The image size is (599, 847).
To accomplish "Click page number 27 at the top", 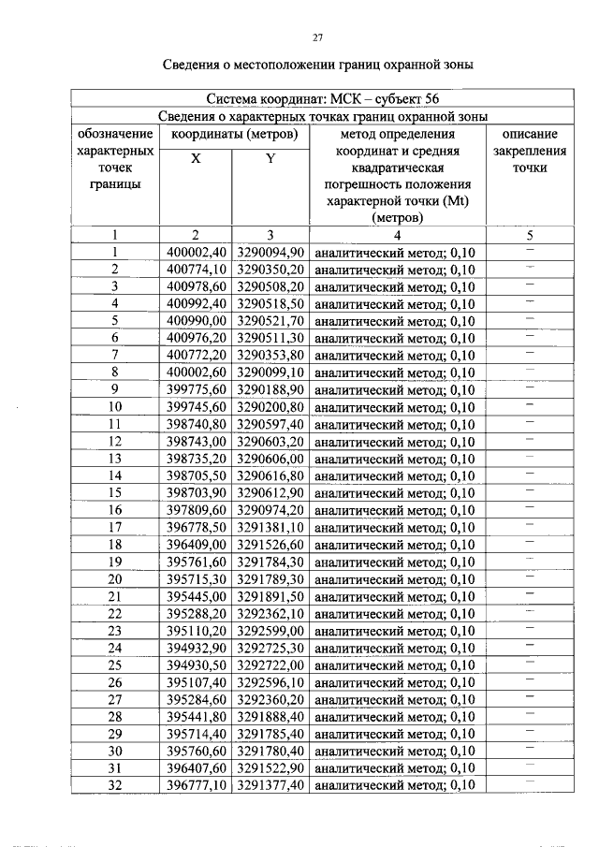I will pos(317,37).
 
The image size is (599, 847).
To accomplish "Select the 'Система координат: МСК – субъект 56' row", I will pos(317,98).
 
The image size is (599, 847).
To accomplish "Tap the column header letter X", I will pos(196,159).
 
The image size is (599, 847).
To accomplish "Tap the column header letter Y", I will pos(270,159).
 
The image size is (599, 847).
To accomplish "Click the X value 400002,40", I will pos(197,253).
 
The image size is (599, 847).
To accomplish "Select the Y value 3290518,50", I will pos(270,304).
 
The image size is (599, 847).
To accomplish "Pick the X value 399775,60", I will pos(197,390).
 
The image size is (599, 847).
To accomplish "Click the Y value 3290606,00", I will pos(270,459).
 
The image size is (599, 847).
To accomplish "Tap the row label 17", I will pos(115,527).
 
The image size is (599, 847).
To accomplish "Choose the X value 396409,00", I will pos(197,545).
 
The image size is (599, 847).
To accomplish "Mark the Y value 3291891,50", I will pos(270,596).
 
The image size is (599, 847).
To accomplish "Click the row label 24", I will pos(115,648).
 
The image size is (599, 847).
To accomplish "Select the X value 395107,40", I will pos(197,682).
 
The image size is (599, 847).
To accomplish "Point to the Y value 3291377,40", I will pos(270,785).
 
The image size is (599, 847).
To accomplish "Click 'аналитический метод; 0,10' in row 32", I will pos(395,785).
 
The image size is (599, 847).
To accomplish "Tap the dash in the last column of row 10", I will pos(530,406).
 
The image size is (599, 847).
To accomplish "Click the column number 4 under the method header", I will pos(397,235).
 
